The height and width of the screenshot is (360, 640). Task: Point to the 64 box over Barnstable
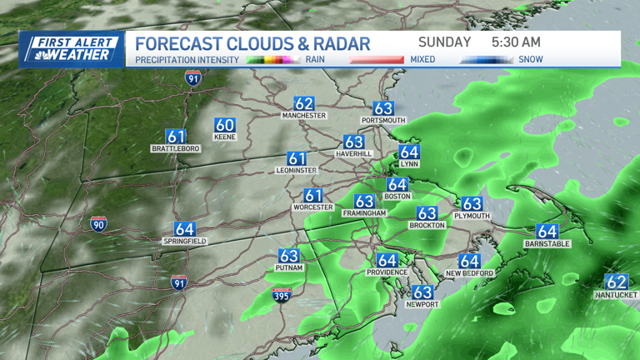[547, 232]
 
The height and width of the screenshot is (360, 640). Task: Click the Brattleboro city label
[176, 148]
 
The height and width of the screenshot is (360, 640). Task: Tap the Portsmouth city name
[382, 121]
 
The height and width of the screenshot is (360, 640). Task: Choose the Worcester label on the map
[312, 207]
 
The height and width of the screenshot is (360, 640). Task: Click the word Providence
[387, 272]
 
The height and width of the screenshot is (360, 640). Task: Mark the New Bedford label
[469, 273]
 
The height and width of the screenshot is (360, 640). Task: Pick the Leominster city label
[297, 170]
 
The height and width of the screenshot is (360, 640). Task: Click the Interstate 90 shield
[98, 224]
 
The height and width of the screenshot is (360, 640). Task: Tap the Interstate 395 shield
[282, 295]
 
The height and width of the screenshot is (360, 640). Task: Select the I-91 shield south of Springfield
[178, 282]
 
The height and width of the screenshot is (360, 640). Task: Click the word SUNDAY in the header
[444, 42]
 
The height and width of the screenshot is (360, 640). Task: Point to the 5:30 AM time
[517, 42]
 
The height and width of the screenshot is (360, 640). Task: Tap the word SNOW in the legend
[531, 60]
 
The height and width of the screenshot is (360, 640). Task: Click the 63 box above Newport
[422, 292]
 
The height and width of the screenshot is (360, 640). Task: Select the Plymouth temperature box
[472, 204]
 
